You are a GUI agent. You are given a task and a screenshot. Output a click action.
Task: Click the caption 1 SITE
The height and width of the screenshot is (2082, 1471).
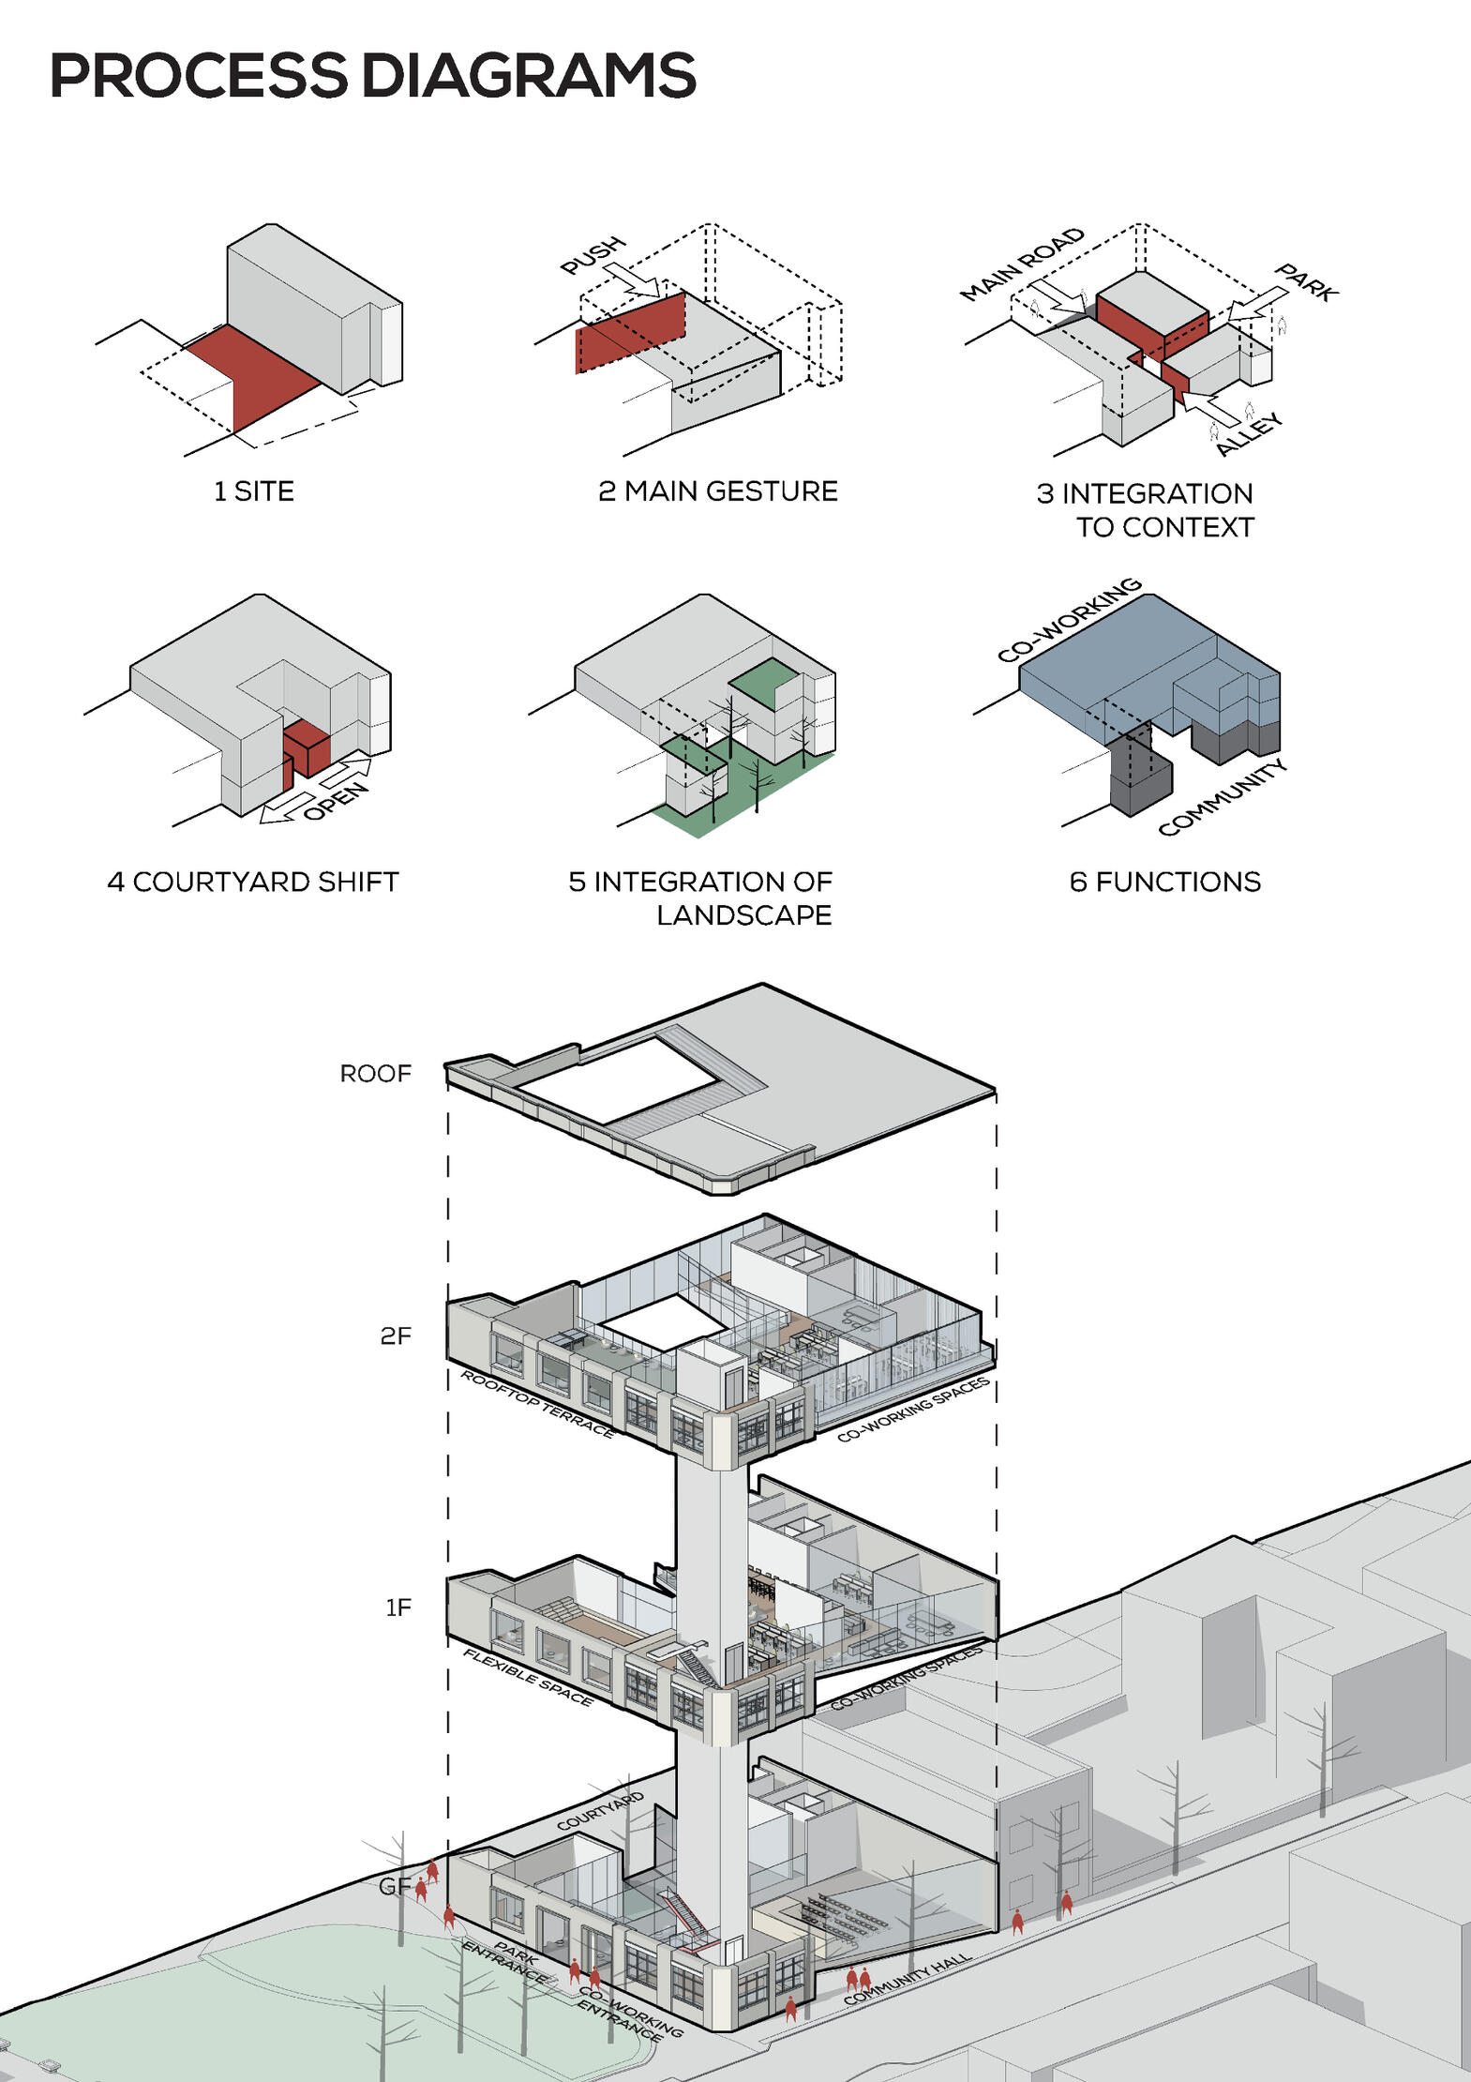tap(253, 490)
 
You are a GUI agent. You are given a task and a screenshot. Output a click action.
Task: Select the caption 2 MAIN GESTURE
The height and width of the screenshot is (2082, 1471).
tap(717, 490)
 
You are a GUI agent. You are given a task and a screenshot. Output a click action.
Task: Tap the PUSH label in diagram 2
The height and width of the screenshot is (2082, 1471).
tap(593, 255)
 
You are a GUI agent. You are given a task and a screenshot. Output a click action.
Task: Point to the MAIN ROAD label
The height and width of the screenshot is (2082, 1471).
tap(1022, 264)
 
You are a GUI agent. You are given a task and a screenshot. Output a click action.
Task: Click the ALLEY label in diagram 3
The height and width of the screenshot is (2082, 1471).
tap(1249, 434)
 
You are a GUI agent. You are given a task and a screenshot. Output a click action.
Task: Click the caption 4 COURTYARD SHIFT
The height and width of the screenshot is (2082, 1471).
tap(253, 882)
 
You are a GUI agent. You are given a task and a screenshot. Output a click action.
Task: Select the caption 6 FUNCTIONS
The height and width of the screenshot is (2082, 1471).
tap(1164, 882)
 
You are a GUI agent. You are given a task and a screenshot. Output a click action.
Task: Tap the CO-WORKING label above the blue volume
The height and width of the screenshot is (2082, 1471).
tap(1069, 620)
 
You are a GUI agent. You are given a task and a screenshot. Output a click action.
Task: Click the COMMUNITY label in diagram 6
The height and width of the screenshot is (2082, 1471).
tap(1222, 798)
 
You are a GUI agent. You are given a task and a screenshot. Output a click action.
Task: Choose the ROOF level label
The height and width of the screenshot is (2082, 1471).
tap(375, 1073)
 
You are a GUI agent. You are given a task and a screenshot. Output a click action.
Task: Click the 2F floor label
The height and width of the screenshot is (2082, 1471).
tap(396, 1335)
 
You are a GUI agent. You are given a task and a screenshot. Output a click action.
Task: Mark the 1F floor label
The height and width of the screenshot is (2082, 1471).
tap(398, 1607)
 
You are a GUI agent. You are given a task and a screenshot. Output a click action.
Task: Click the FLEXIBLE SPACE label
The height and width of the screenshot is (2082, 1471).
tap(528, 1678)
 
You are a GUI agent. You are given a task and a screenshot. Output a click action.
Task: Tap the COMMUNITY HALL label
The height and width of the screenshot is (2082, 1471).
tap(907, 1979)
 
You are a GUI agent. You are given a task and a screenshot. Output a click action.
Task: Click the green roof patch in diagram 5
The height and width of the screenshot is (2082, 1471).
tap(765, 682)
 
